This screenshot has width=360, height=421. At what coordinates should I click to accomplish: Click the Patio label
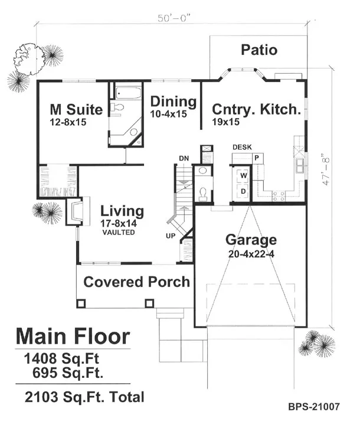coord(259,50)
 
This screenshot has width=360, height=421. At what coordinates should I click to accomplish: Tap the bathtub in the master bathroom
coord(128,93)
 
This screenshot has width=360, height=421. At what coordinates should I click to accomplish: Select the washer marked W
coord(243,175)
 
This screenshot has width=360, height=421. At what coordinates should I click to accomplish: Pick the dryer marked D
coord(243,191)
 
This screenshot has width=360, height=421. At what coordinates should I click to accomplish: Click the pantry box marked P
coord(257,158)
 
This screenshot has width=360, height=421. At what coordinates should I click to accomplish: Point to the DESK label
coord(242,147)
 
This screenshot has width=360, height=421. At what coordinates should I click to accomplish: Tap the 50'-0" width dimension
coord(174,18)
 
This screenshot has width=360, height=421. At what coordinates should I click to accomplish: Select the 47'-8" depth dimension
coord(326,169)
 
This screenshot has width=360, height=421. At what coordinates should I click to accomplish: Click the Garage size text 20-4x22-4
coord(251,254)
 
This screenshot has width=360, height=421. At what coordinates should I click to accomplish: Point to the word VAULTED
coord(119,232)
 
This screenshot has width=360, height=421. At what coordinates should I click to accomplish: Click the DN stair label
coord(184,158)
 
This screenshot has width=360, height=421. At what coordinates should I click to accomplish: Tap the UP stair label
coord(171,236)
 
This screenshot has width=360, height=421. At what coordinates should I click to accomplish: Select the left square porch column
coord(81,303)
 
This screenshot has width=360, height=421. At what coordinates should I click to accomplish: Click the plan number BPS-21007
coord(314,406)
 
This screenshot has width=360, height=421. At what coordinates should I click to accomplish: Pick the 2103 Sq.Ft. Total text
coord(84,397)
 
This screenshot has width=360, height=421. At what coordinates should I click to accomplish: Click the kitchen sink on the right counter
coord(300,165)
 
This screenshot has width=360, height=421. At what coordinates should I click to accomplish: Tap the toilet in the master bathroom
coord(117,107)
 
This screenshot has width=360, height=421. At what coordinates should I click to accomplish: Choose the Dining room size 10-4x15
coord(168,114)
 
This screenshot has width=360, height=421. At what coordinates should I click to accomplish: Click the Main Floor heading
coord(73,336)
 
